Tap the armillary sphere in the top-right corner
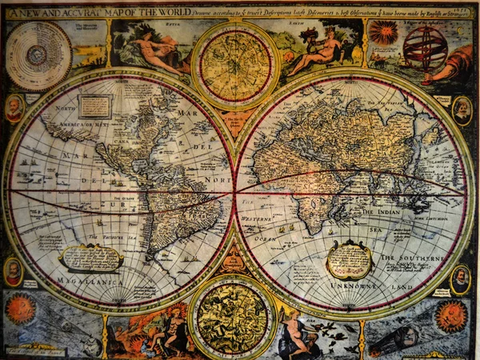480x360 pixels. (x=425, y=46)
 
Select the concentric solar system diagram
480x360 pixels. (x=38, y=55)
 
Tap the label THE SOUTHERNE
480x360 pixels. (x=411, y=258)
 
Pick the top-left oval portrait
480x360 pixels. (x=14, y=109)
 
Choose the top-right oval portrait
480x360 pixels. (x=462, y=110)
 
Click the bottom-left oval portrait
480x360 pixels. (x=13, y=271)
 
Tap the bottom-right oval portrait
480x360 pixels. (x=460, y=279)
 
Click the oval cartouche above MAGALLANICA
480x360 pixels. (x=90, y=258)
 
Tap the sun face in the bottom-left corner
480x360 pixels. (x=19, y=309)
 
